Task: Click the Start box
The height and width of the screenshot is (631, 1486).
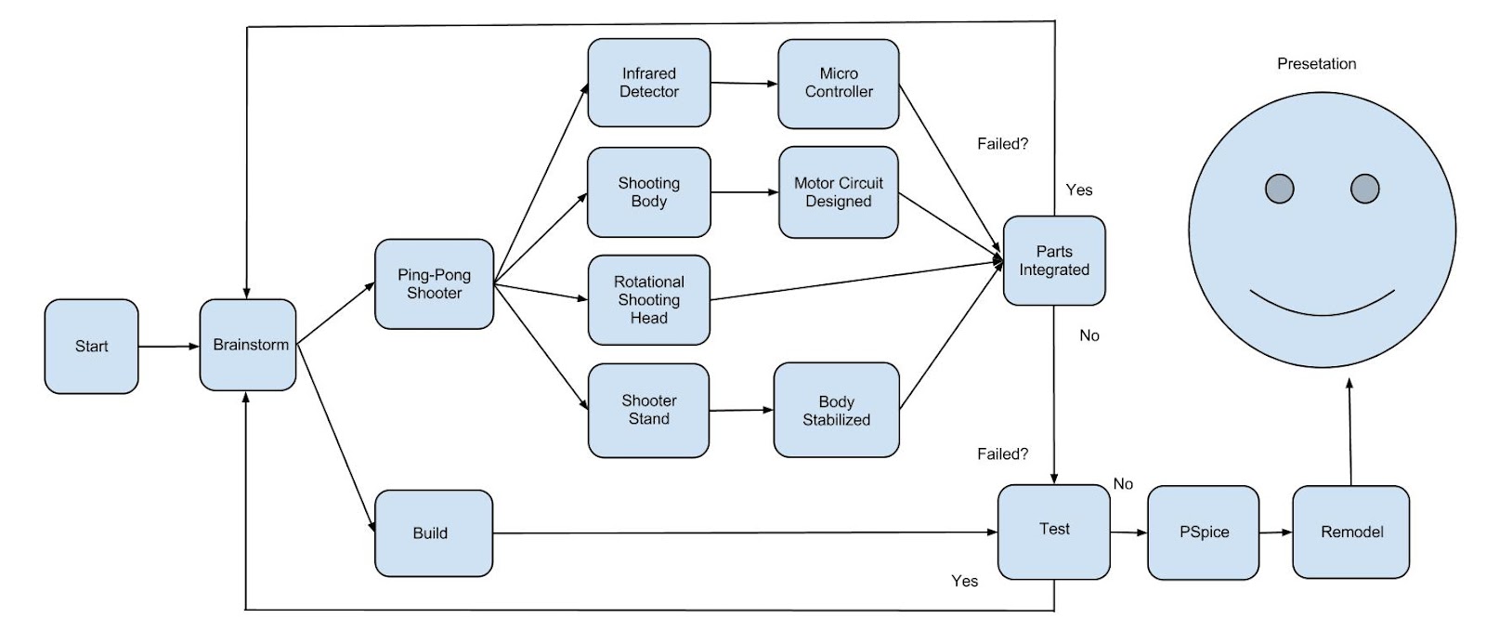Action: pyautogui.click(x=91, y=346)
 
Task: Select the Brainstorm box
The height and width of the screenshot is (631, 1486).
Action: pyautogui.click(x=248, y=345)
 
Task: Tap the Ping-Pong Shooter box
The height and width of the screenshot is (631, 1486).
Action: pyautogui.click(x=434, y=283)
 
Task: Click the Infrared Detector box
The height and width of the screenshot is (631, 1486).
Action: pyautogui.click(x=648, y=83)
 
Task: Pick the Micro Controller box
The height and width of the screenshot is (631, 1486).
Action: pyautogui.click(x=838, y=83)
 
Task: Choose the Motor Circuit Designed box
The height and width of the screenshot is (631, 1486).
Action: pyautogui.click(x=838, y=191)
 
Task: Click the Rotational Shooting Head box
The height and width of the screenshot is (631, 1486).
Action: pyautogui.click(x=648, y=299)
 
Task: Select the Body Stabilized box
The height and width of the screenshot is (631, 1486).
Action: pyautogui.click(x=836, y=410)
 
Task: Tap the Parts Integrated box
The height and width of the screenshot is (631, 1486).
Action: pyautogui.click(x=1053, y=260)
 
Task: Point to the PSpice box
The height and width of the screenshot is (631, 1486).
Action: pyautogui.click(x=1203, y=532)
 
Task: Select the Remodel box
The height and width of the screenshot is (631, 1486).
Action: pyautogui.click(x=1350, y=532)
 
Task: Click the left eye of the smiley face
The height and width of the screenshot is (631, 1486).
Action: pyautogui.click(x=1279, y=189)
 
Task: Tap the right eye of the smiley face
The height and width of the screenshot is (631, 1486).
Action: pyautogui.click(x=1364, y=189)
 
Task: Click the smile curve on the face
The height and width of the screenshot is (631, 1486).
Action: pyautogui.click(x=1322, y=311)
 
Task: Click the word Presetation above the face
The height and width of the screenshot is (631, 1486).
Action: pyautogui.click(x=1316, y=63)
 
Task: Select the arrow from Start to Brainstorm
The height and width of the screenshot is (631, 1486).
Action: pyautogui.click(x=168, y=347)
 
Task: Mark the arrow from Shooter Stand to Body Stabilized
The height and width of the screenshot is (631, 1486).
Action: pyautogui.click(x=741, y=410)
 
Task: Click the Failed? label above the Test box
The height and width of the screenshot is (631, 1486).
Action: pyautogui.click(x=1002, y=454)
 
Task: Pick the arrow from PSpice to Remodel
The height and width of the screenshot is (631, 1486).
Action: pyautogui.click(x=1275, y=532)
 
